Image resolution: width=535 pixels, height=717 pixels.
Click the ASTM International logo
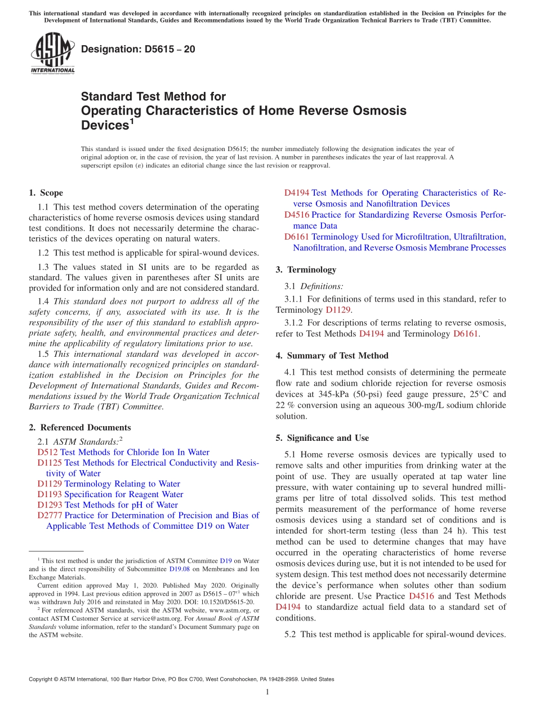pos(52,54)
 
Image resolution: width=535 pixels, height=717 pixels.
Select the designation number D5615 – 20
pos(138,49)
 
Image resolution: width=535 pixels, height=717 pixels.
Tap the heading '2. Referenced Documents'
pos(80,427)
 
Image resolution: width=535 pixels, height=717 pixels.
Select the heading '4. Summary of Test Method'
pos(332,356)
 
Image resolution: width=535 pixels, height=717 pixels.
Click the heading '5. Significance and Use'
pos(322,438)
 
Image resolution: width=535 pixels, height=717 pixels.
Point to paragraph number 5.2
pos(291,634)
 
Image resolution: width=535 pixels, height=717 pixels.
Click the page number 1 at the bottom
pos(267,692)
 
